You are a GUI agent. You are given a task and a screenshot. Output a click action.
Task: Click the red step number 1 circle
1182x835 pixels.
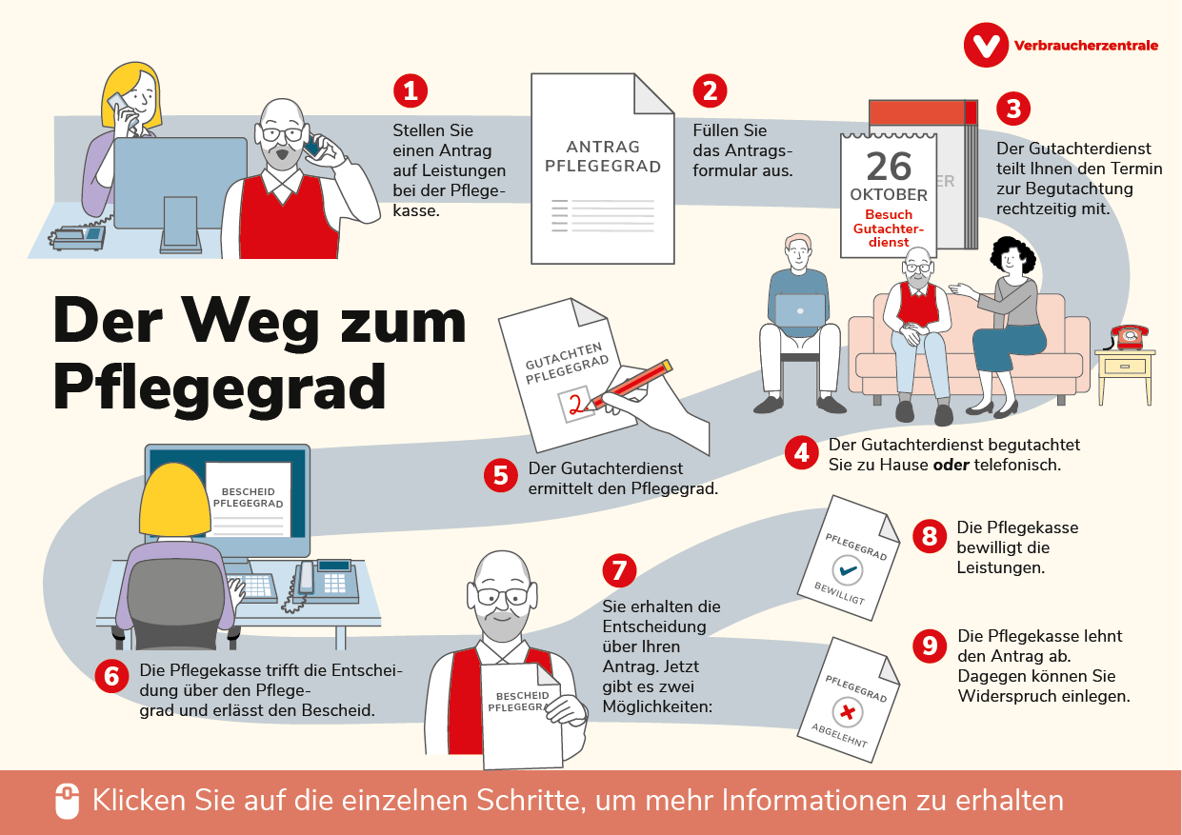(410, 90)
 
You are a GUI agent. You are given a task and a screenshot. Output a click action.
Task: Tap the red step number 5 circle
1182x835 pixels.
(499, 475)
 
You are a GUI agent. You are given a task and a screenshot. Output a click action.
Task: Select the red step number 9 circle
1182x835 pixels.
(929, 646)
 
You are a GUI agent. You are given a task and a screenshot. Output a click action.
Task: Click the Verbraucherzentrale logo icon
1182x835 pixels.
(985, 45)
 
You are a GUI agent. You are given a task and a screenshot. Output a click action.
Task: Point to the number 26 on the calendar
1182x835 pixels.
(889, 166)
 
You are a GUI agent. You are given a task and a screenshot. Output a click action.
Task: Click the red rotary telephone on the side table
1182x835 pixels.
(1129, 336)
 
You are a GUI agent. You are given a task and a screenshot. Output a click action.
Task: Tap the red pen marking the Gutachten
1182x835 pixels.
(629, 385)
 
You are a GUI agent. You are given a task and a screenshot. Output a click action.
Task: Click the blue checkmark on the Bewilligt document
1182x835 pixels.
(846, 570)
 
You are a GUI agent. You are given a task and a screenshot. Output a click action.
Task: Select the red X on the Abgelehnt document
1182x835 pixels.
(845, 712)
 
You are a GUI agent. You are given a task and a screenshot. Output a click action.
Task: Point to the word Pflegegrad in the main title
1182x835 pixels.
(219, 387)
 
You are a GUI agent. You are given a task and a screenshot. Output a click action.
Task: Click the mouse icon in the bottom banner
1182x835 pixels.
(67, 802)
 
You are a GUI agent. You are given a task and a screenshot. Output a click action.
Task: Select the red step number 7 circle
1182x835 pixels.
(619, 570)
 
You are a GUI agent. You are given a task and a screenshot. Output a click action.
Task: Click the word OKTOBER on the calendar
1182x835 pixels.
(888, 195)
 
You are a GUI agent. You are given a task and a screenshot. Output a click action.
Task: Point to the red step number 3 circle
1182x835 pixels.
(1013, 109)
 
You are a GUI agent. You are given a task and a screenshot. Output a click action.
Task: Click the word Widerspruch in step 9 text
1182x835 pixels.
(1007, 696)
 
